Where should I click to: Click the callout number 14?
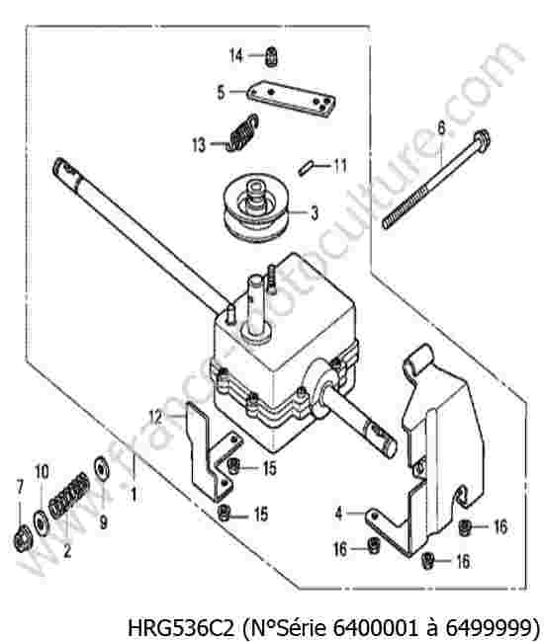pyautogui.click(x=236, y=55)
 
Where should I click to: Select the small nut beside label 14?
pyautogui.click(x=271, y=56)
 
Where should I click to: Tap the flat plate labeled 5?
pyautogui.click(x=292, y=98)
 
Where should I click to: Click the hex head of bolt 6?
pyautogui.click(x=482, y=141)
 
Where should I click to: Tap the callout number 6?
pyautogui.click(x=441, y=128)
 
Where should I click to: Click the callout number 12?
pyautogui.click(x=155, y=417)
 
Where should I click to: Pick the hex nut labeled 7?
pyautogui.click(x=21, y=540)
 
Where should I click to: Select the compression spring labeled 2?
pyautogui.click(x=69, y=495)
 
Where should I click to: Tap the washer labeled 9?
pyautogui.click(x=101, y=467)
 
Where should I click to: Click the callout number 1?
pyautogui.click(x=134, y=494)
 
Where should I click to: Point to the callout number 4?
pyautogui.click(x=338, y=514)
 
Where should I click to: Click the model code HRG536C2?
pyautogui.click(x=182, y=625)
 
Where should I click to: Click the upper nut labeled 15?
pyautogui.click(x=233, y=465)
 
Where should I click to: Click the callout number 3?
pyautogui.click(x=315, y=213)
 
